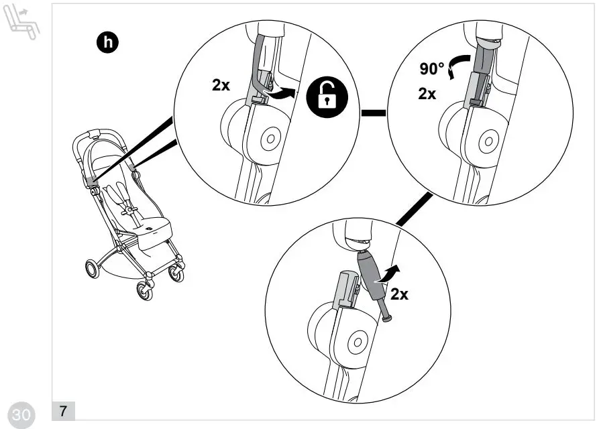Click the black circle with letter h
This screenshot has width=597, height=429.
[x=107, y=44]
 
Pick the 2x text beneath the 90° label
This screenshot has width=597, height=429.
[x=427, y=94]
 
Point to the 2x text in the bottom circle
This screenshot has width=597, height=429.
[x=400, y=294]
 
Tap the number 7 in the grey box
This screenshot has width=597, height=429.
[x=63, y=410]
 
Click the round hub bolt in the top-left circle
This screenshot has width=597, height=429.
[x=270, y=139]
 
